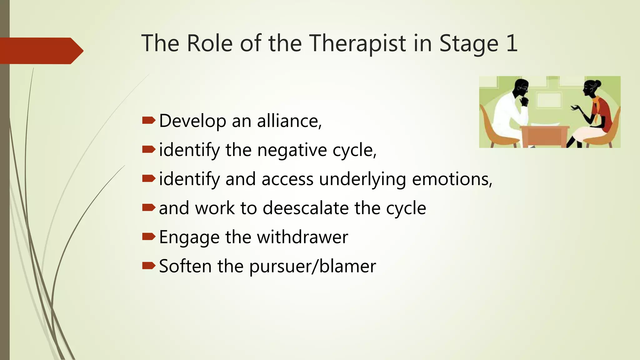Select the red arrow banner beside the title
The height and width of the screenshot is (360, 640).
(x=41, y=51)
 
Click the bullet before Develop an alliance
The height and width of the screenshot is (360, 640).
(x=148, y=120)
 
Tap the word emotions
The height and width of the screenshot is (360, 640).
(x=452, y=179)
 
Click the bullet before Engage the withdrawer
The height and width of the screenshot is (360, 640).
(x=148, y=237)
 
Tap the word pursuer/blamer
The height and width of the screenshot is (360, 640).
(x=312, y=266)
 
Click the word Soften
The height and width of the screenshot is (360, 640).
(x=185, y=266)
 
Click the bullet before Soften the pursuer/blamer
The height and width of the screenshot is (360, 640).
(x=148, y=266)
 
